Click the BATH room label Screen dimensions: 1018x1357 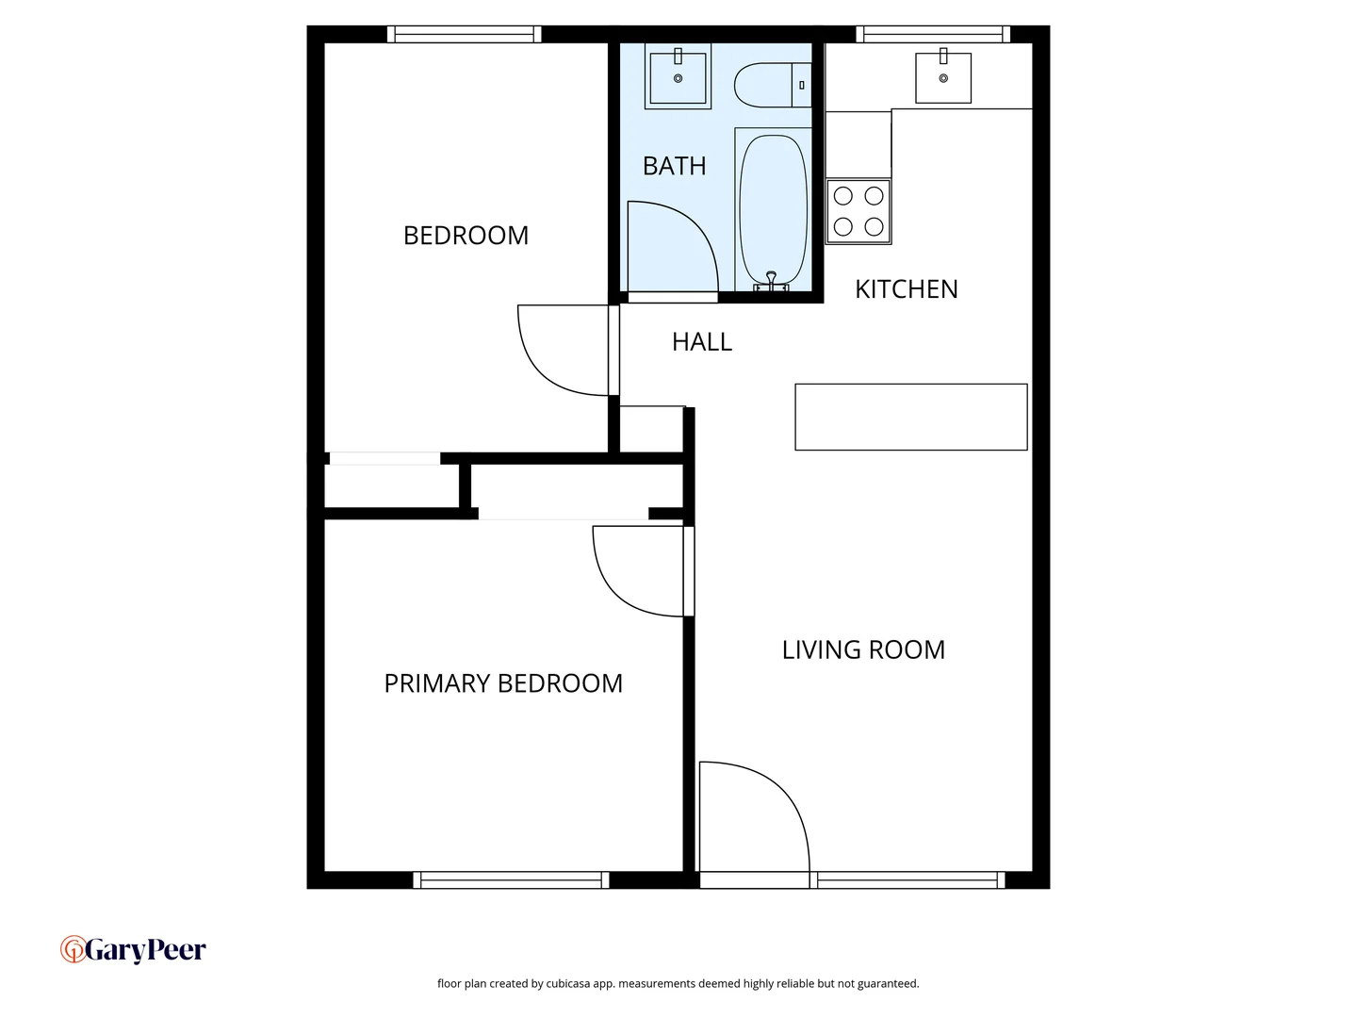point(674,166)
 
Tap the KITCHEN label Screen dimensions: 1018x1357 point(906,289)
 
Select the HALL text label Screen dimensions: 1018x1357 point(702,342)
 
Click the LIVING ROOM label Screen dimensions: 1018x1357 point(863,650)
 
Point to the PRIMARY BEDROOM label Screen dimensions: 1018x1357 point(503,683)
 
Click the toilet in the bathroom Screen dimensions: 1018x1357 point(771,85)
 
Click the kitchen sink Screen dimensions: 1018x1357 point(943,78)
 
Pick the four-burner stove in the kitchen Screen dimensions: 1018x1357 point(858,211)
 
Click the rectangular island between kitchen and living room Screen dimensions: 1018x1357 point(910,417)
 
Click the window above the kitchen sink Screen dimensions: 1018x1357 point(933,35)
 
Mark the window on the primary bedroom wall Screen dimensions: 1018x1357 point(511,880)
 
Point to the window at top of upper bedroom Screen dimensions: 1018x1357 point(464,35)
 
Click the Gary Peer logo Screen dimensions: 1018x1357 point(133,949)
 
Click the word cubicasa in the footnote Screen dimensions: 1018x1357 point(568,984)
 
